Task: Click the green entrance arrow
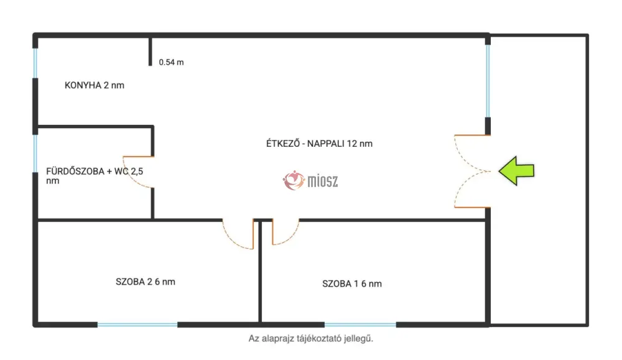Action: point(516,171)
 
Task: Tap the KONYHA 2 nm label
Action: point(95,85)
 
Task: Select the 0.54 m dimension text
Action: point(172,62)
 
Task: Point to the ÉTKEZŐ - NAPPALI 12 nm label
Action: point(319,144)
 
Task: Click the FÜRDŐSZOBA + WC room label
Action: point(95,175)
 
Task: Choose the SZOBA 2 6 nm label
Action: point(146,282)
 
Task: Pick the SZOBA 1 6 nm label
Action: point(352,284)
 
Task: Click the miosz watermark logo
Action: point(310,181)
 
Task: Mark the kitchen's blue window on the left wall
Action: point(35,63)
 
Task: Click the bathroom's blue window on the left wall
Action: point(35,154)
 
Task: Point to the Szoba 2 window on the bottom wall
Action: point(137,325)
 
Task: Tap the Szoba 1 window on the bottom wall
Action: point(360,325)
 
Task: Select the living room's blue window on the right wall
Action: point(488,81)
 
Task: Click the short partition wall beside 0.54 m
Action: point(151,52)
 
